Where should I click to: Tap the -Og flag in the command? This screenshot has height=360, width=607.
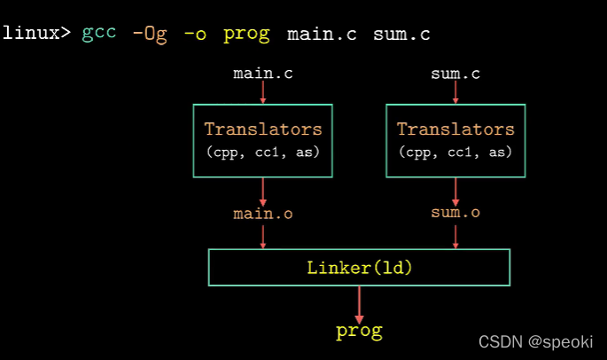point(149,34)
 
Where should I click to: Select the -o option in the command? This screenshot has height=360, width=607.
point(196,34)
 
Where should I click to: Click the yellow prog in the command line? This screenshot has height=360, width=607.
point(246,34)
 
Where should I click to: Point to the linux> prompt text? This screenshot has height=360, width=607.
point(36,34)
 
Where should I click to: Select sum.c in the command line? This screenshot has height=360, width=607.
point(401,34)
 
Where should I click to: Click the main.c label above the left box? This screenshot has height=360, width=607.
point(263,73)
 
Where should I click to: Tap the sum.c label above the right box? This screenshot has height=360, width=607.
point(455,73)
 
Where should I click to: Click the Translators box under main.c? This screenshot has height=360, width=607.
point(263,140)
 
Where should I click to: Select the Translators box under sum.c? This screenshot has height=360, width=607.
point(455,140)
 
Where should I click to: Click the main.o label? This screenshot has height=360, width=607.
point(263,214)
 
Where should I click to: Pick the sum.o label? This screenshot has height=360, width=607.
point(455,213)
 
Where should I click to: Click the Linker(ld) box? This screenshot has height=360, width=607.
point(359,267)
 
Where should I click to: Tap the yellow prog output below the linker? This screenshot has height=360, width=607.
point(359,332)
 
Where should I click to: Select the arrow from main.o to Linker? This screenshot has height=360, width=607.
point(263,236)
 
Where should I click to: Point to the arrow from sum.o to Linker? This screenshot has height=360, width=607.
point(455,236)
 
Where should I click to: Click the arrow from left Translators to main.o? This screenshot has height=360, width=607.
point(263,191)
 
